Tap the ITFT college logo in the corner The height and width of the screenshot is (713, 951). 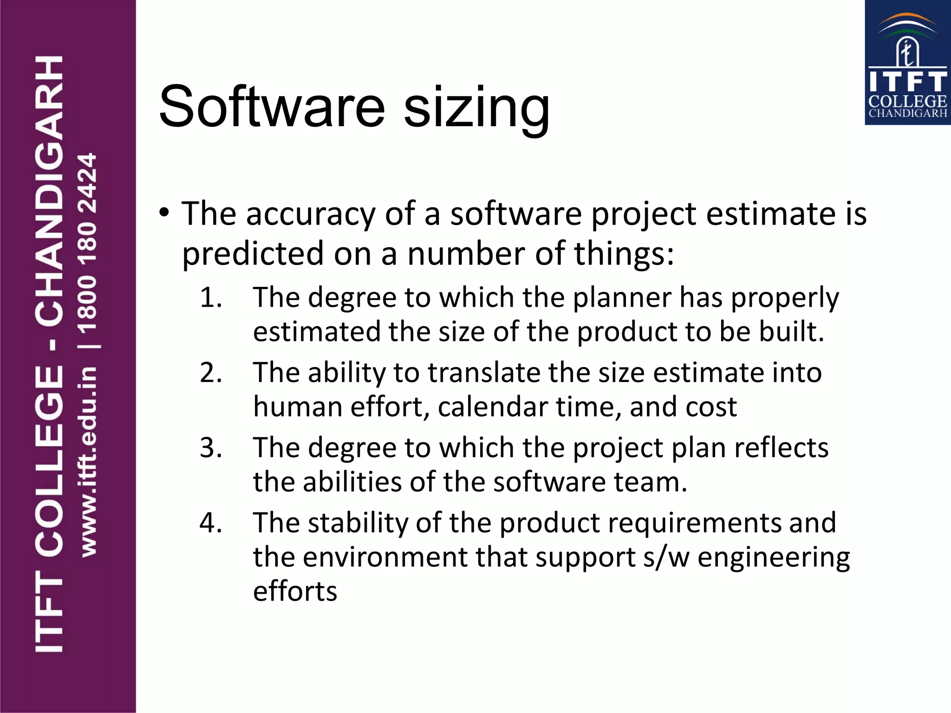pyautogui.click(x=907, y=63)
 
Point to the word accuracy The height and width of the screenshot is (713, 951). pyautogui.click(x=310, y=214)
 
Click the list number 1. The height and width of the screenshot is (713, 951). pyautogui.click(x=211, y=298)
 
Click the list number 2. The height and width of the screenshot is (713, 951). pyautogui.click(x=211, y=373)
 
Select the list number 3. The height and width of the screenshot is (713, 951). pyautogui.click(x=211, y=448)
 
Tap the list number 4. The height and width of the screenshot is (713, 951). pyautogui.click(x=211, y=523)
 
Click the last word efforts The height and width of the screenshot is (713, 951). pyautogui.click(x=295, y=592)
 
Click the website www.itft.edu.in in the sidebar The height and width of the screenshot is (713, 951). pyautogui.click(x=88, y=462)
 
